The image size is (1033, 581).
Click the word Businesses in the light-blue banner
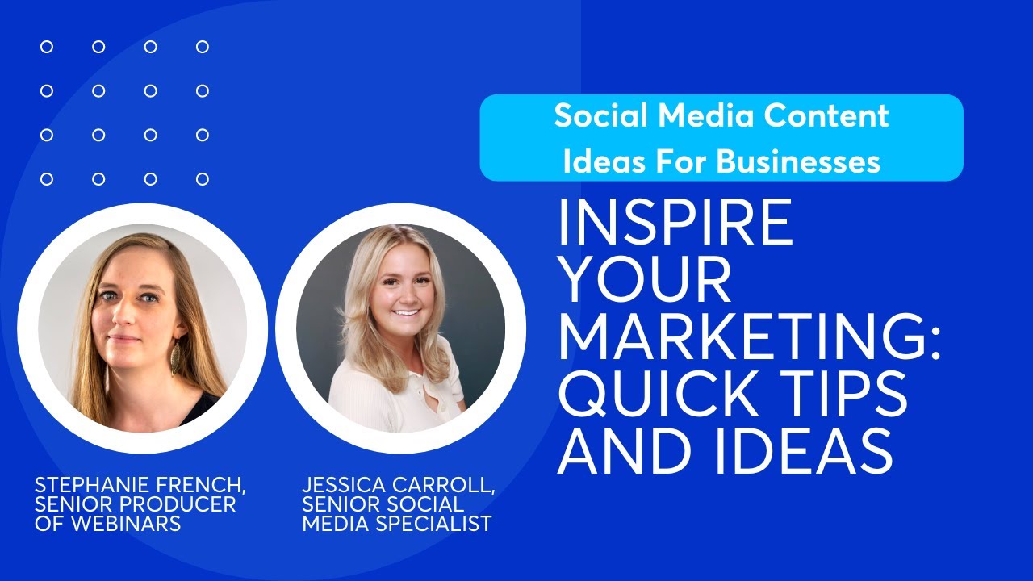point(798,162)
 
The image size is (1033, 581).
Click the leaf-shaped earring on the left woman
point(177,361)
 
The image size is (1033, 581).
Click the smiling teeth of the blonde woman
point(407,312)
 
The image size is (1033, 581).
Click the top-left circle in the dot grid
point(47,47)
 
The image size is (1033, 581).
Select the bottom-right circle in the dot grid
point(203,178)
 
